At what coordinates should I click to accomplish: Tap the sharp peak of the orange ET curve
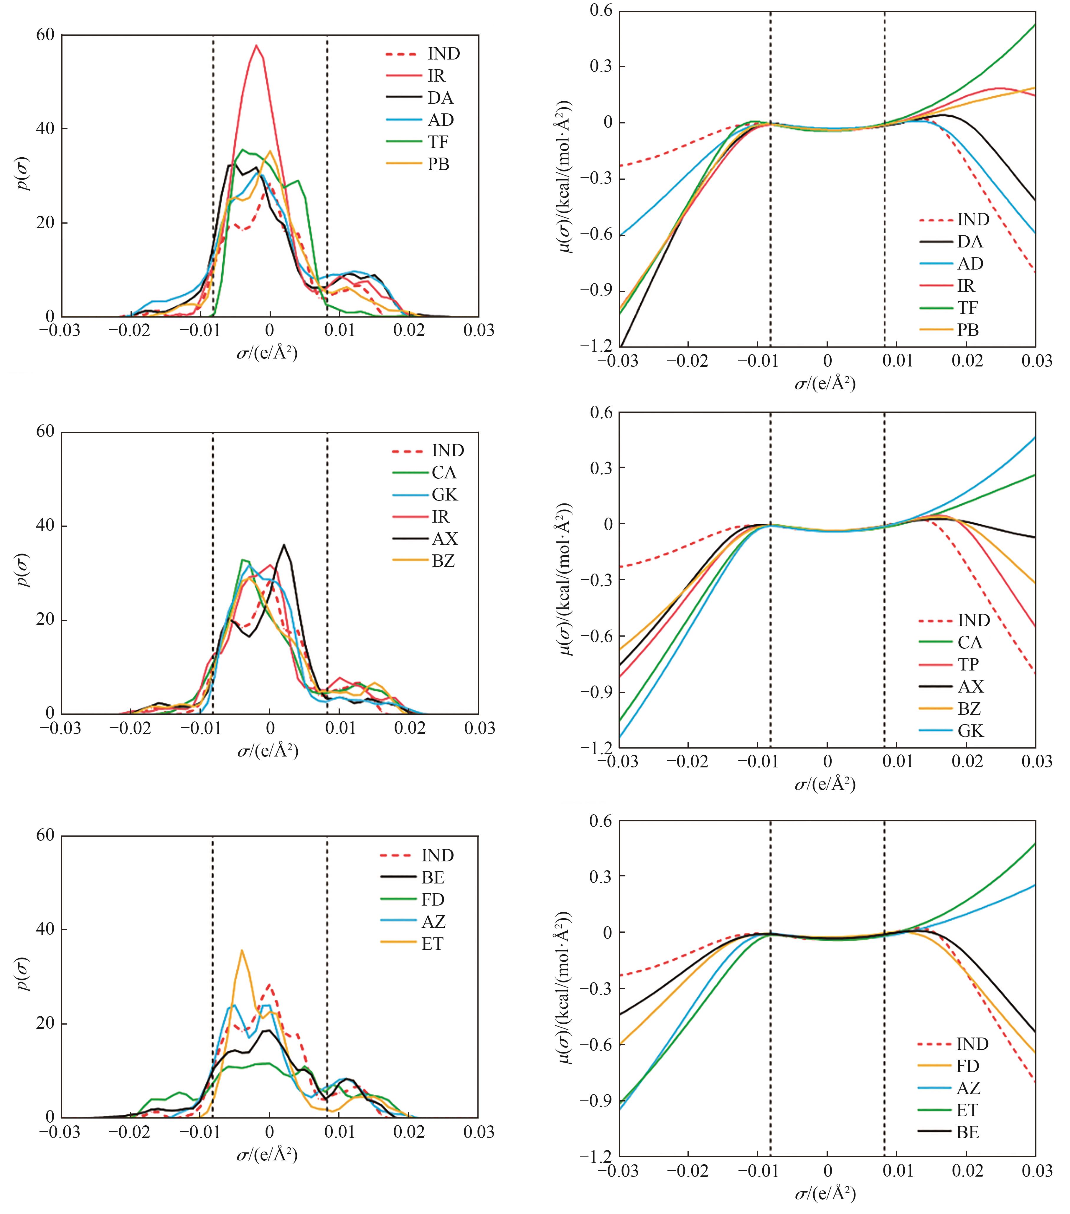[241, 950]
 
